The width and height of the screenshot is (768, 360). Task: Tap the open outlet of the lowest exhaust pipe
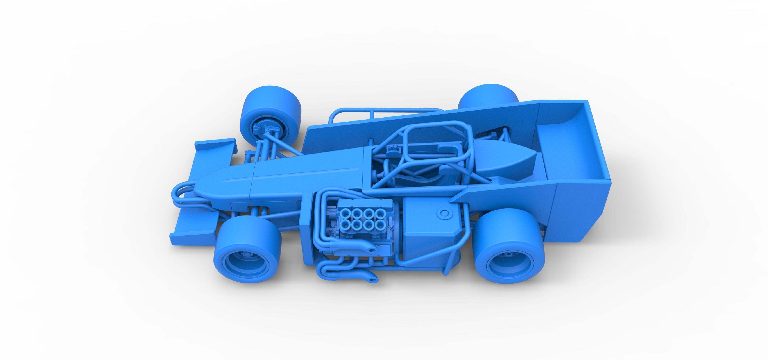coord(372,279)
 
